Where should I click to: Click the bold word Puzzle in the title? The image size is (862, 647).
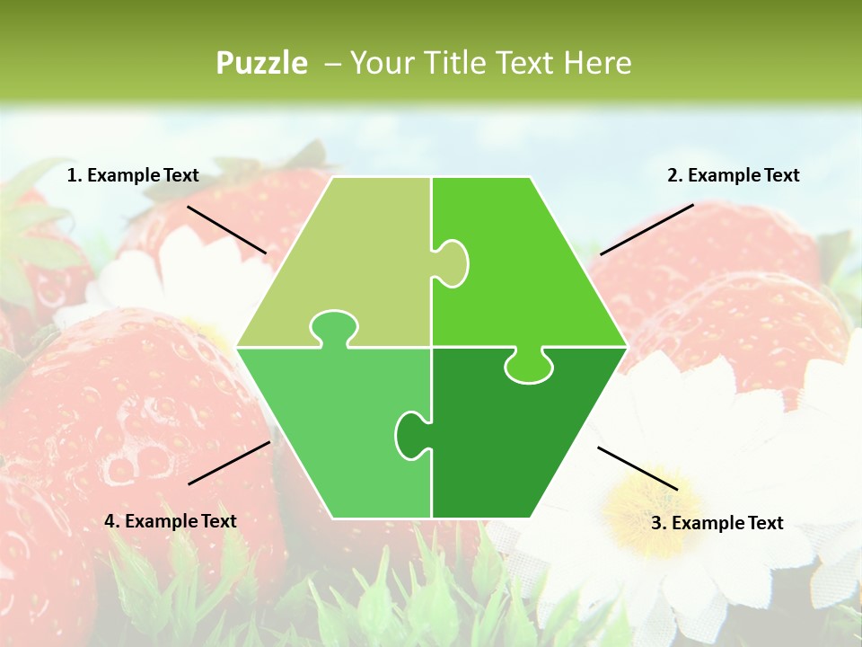coord(261,63)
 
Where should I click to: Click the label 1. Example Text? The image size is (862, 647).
coord(133,175)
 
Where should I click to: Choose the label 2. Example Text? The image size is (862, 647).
coord(733,175)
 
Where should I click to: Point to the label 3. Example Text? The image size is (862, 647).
coord(717,523)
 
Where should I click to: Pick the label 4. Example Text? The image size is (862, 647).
coord(171,521)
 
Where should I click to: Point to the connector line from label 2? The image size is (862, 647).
coord(646,229)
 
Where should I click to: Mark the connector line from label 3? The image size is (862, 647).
coord(638,468)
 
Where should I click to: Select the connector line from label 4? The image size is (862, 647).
coord(229,463)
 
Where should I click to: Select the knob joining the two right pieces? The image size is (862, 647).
coord(529,366)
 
